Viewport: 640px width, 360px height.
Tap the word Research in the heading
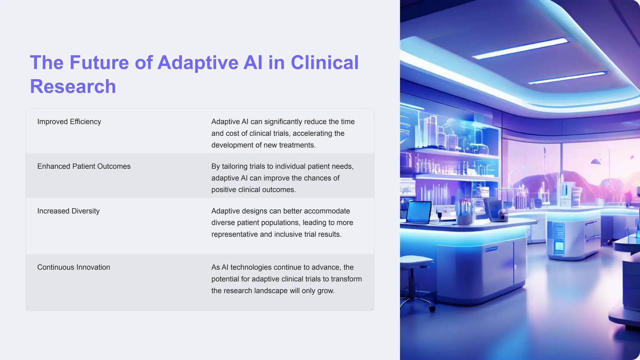coord(73,87)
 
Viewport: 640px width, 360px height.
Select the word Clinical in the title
coord(325,62)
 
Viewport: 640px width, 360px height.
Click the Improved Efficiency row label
coord(69,122)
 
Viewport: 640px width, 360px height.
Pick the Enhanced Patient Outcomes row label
coord(84,166)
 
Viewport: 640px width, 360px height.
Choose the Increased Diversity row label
coord(68,211)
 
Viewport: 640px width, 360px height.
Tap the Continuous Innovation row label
coord(73,267)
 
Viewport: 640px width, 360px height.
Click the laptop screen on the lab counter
coord(419,212)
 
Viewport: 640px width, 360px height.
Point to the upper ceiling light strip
coord(520,48)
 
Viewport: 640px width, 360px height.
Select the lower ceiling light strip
coord(567,78)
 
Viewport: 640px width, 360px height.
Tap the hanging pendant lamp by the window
coord(596,161)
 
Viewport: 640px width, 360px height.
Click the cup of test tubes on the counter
coord(464,212)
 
